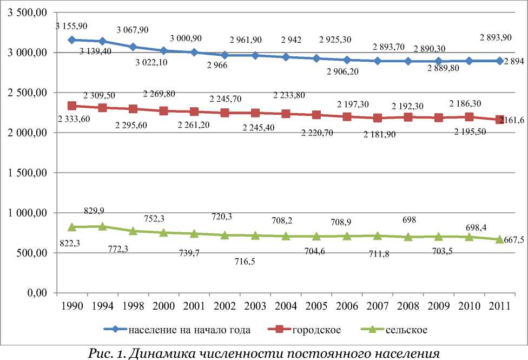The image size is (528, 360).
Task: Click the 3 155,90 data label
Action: coord(71,25)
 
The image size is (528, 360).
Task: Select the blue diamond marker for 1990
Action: coord(71,40)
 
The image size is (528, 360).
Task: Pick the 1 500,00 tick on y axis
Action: coord(29,173)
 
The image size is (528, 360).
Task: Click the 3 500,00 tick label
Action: coord(29,12)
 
